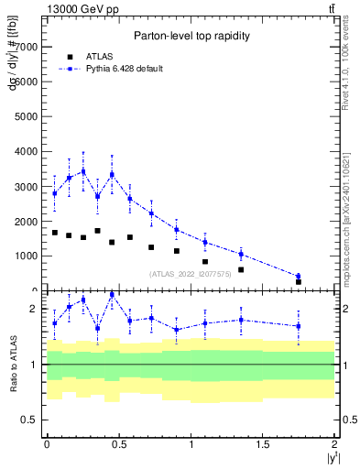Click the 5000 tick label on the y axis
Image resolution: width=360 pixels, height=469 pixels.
click(x=27, y=116)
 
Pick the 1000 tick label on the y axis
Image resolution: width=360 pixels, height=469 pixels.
click(x=27, y=256)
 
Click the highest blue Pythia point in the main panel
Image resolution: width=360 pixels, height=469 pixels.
click(x=83, y=171)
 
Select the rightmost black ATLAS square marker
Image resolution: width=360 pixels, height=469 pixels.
click(x=299, y=282)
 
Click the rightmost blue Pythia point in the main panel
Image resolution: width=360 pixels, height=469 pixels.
click(x=299, y=276)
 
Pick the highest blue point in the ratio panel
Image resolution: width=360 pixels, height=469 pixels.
click(x=112, y=295)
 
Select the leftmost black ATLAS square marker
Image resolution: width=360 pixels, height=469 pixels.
click(x=55, y=233)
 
